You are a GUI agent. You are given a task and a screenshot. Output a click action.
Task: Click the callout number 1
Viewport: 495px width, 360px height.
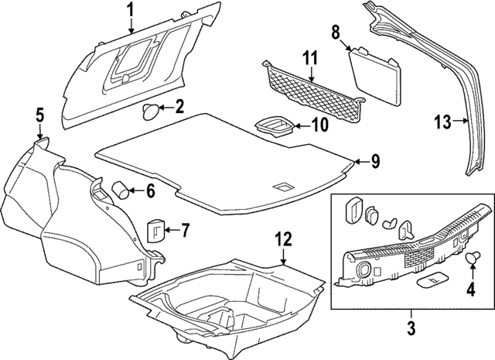click(131, 10)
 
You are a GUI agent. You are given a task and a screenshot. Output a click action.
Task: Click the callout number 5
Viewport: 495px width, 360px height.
click(39, 117)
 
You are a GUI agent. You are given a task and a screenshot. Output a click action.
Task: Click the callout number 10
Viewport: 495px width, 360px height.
click(320, 124)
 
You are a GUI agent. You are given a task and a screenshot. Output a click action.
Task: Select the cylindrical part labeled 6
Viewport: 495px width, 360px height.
click(121, 188)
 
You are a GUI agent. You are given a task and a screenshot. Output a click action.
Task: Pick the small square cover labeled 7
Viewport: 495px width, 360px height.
click(159, 230)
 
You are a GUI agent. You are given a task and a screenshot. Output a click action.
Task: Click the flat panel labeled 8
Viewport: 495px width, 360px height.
click(377, 74)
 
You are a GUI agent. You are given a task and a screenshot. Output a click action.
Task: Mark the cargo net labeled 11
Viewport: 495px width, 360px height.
click(309, 91)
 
